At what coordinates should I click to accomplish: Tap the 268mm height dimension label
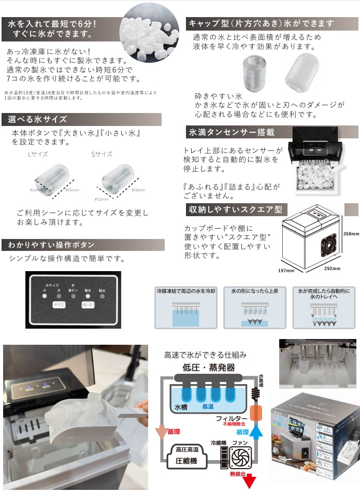point(351,234)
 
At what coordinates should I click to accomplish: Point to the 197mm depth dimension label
point(285,270)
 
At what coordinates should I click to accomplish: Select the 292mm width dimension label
point(333,269)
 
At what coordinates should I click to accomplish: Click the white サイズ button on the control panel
point(57,306)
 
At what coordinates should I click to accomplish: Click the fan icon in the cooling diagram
point(240,458)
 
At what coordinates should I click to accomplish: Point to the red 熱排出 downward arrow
point(252,482)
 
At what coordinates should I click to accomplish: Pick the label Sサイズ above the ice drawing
point(102,154)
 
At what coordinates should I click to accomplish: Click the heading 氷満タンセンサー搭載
point(225,132)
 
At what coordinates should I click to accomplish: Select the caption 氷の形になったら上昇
point(254,292)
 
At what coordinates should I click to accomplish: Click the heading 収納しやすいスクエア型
point(235,210)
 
